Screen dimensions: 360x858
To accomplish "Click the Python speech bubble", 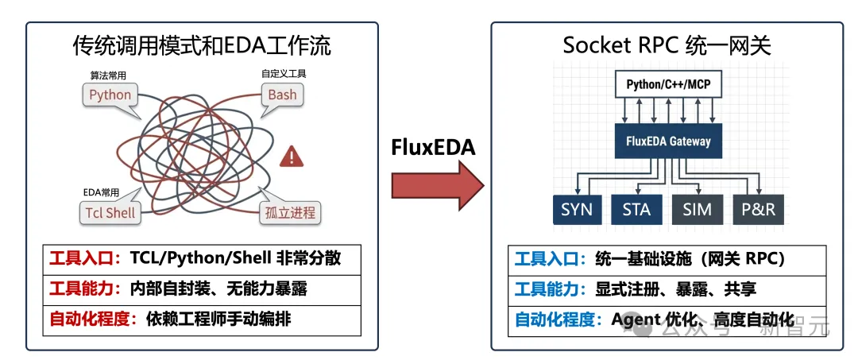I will point(110,95).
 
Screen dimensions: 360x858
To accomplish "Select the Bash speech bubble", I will point(282,95).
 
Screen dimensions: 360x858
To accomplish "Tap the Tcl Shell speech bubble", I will point(110,212).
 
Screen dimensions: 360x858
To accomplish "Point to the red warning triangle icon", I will point(292,157).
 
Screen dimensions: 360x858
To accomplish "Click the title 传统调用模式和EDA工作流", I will point(202,45).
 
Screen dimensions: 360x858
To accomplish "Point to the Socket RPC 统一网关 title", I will point(667,45).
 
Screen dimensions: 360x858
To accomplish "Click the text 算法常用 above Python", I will point(109,75).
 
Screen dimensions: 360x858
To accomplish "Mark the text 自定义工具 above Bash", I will point(284,74).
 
